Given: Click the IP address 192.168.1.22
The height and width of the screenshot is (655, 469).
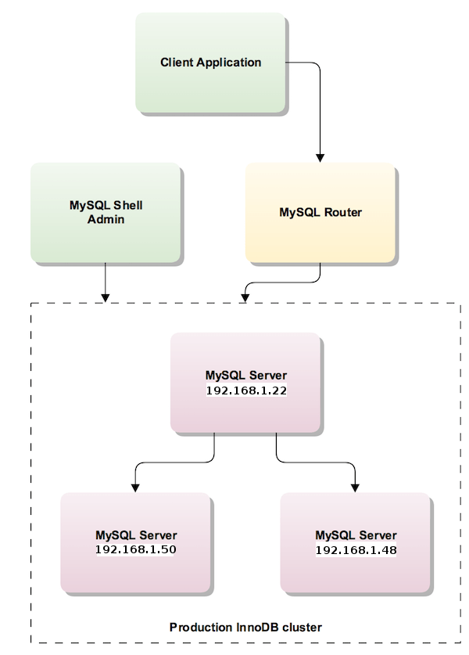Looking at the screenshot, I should point(245,390).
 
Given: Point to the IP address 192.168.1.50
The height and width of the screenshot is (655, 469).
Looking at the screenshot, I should point(136,550).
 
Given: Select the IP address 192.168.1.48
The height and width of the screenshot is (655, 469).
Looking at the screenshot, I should point(356,550).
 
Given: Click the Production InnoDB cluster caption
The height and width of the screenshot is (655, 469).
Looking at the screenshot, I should point(245,627).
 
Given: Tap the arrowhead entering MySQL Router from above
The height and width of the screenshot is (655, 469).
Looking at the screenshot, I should point(320,157).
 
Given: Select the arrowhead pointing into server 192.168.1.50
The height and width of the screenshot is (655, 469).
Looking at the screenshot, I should point(136,487).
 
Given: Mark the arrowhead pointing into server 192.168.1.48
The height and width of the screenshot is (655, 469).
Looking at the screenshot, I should point(356,487).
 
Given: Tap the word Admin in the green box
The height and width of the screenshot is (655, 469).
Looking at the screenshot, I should point(106,219).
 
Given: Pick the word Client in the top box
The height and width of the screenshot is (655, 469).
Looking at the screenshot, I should point(176,63).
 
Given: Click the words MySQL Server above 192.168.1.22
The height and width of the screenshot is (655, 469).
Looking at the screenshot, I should point(245,376).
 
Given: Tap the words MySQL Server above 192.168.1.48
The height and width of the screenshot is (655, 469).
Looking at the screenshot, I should point(356,536).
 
